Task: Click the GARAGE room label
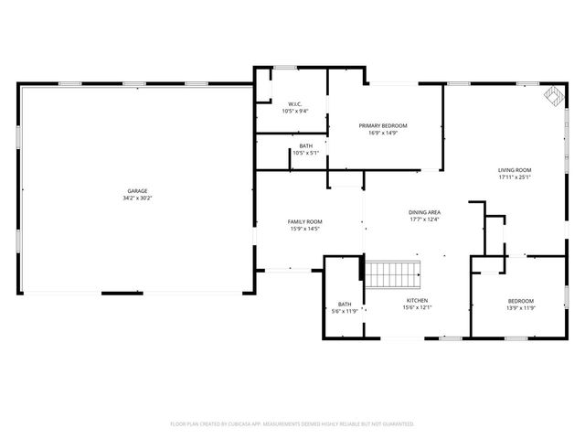136,192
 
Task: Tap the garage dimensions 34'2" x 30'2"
136,198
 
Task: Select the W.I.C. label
295,104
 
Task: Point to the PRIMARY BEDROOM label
382,125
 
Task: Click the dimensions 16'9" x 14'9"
382,133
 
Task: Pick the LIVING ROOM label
515,170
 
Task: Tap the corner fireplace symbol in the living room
553,95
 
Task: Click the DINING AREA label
424,212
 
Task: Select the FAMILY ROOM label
305,221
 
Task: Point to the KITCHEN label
417,300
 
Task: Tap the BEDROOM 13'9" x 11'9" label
521,301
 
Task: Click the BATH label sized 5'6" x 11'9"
345,304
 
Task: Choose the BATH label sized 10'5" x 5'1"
305,146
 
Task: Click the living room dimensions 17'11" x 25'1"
515,177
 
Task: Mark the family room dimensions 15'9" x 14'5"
305,229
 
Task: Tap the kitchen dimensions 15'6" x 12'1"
417,307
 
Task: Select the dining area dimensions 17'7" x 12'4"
424,219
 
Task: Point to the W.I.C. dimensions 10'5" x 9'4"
295,112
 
